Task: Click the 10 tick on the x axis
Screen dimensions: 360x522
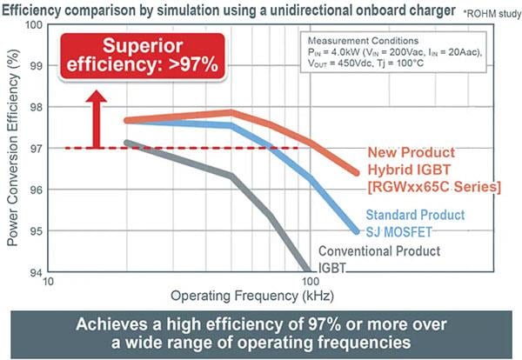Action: [x=49, y=283]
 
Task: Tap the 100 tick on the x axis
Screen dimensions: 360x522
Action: [x=309, y=283]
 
